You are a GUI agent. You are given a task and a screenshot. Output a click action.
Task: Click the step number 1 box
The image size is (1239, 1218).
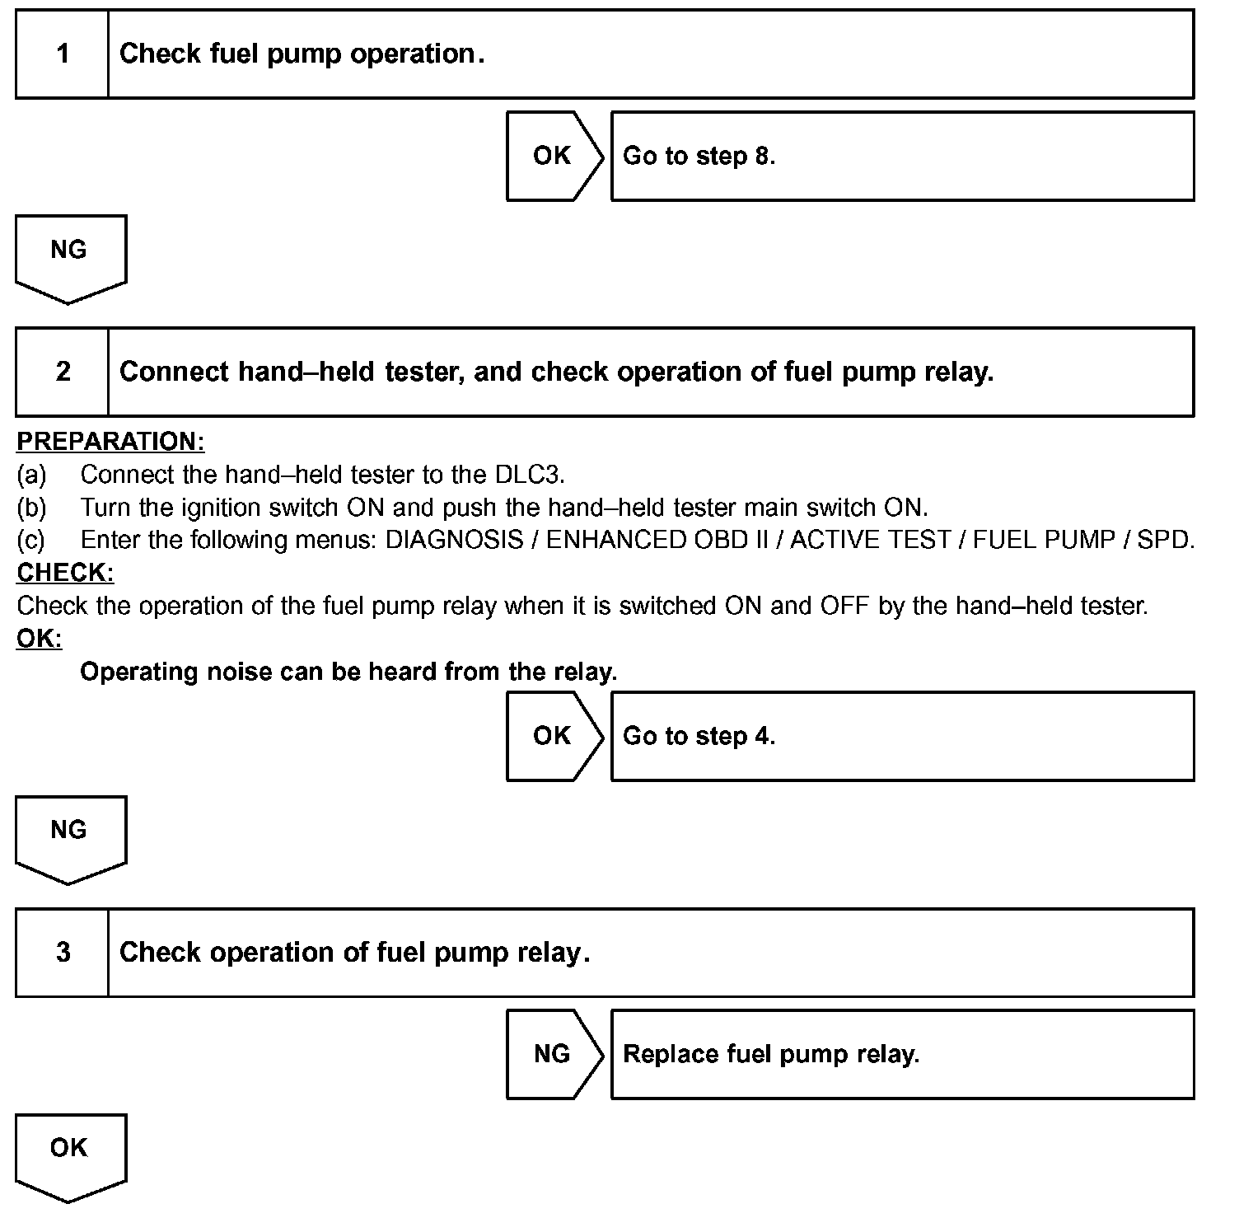pos(63,54)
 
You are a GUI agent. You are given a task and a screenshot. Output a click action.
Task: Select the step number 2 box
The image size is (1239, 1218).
pos(63,372)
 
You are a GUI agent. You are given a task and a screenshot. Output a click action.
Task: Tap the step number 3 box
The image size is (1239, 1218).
pos(63,953)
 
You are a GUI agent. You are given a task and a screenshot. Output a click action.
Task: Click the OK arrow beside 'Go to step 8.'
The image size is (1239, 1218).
pos(553,156)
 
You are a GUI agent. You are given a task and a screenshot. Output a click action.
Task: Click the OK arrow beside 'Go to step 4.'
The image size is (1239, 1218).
pos(553,736)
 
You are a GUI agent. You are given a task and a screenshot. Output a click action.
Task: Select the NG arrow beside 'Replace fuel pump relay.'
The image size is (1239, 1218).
pos(553,1054)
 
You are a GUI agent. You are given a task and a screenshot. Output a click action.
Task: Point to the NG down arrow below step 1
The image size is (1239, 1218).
pos(69,255)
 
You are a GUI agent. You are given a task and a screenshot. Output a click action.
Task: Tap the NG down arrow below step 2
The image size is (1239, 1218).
pos(69,836)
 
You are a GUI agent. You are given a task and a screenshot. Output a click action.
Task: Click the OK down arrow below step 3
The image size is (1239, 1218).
pos(69,1154)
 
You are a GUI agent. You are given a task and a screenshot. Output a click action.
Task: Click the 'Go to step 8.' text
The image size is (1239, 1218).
pos(699,156)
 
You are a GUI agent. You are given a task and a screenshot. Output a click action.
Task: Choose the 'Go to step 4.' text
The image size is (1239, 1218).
pos(699,736)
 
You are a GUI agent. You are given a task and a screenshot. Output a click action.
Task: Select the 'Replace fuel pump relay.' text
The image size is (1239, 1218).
pos(771,1054)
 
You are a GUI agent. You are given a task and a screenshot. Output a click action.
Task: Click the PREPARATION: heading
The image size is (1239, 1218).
pos(110,442)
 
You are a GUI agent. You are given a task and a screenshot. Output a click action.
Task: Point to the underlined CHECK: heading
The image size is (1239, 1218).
pos(65,573)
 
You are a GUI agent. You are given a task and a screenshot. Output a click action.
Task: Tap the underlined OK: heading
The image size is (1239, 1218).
pos(39,639)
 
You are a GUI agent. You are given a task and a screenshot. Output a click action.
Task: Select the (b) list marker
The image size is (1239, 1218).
pos(31,508)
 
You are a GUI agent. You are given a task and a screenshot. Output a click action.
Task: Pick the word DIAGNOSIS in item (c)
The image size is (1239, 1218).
pos(454,541)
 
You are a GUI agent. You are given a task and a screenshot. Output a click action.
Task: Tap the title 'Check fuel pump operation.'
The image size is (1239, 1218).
pos(302,54)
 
